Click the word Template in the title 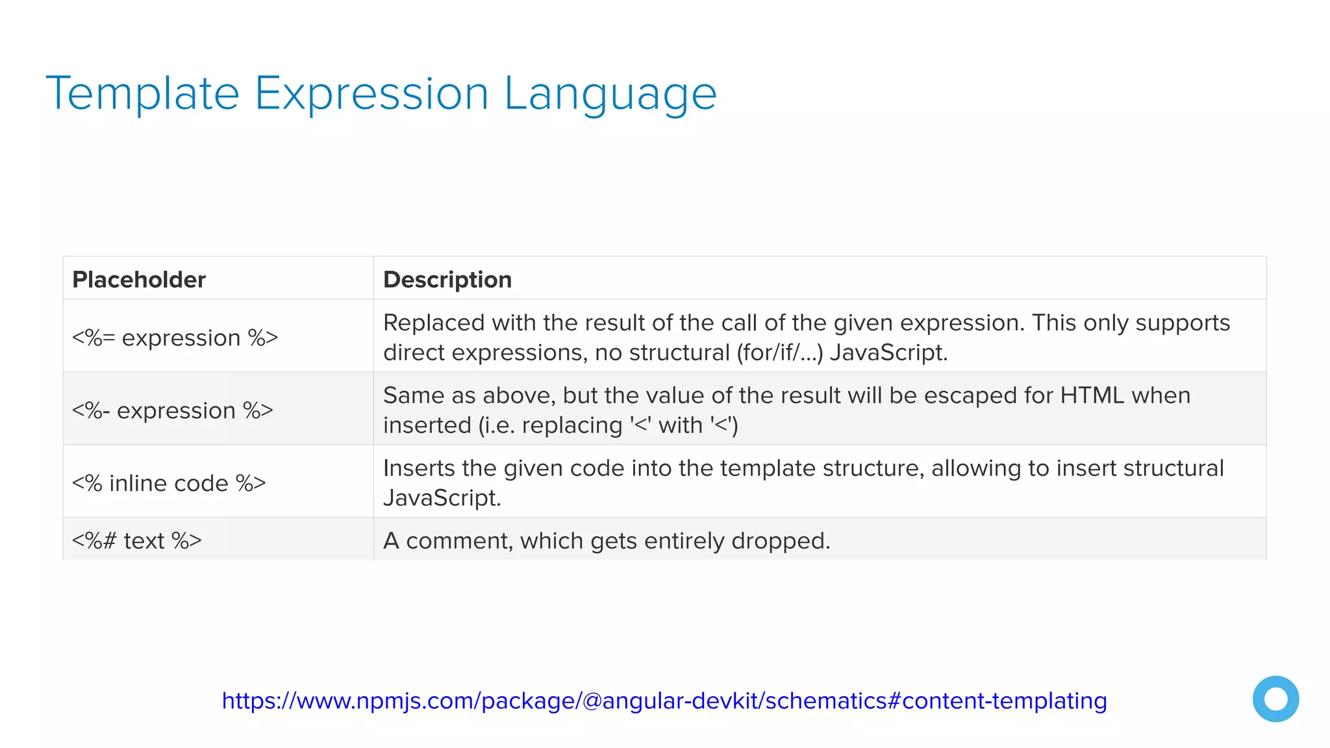143,94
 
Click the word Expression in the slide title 371,94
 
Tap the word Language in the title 610,94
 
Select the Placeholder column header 139,280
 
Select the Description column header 447,280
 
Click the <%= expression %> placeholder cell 175,338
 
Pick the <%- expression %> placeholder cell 173,410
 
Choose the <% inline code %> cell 169,483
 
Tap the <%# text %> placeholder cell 137,541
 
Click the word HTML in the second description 1092,395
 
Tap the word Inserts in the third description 419,468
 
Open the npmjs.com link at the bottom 664,701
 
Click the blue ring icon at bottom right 1275,699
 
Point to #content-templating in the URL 997,701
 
